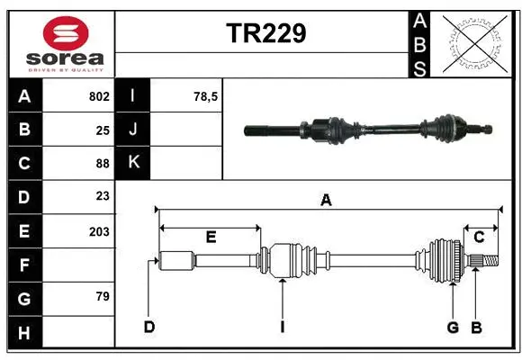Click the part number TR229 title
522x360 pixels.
(x=265, y=33)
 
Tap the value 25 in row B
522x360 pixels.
(x=102, y=130)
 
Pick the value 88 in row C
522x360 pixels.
(x=102, y=164)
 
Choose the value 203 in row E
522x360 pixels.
(x=99, y=231)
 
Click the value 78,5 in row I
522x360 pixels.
(x=206, y=96)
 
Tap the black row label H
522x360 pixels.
(x=24, y=332)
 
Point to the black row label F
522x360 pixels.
(x=24, y=265)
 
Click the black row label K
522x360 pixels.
(x=133, y=163)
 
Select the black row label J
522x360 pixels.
(x=133, y=130)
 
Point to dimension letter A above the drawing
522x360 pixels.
(x=326, y=201)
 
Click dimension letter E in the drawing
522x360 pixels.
(x=211, y=238)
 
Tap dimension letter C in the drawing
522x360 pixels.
(x=479, y=238)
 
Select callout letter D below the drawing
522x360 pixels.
(x=149, y=327)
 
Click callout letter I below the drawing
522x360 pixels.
(x=282, y=327)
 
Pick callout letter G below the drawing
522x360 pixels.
(x=454, y=327)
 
